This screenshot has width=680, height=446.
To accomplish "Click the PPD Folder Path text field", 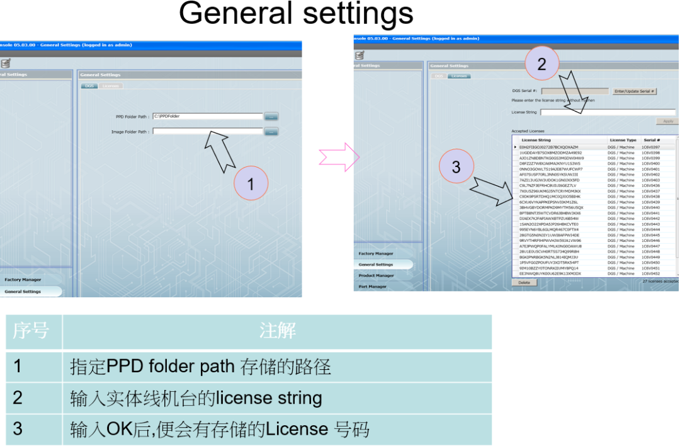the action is tap(207, 117).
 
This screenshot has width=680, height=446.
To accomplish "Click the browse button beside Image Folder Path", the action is tap(271, 132).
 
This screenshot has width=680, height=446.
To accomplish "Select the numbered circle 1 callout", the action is tap(251, 184).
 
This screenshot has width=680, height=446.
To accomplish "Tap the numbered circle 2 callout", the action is tap(541, 64).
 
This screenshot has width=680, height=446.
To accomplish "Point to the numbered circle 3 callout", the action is tap(456, 166).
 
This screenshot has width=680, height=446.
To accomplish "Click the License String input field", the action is tap(607, 112).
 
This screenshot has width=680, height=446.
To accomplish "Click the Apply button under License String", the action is tap(667, 121).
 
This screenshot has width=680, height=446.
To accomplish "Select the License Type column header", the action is tap(622, 140).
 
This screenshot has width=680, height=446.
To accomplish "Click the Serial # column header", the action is tap(651, 140).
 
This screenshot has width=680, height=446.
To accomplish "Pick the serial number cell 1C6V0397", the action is tap(651, 147).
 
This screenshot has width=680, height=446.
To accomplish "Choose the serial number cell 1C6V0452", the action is tap(651, 274).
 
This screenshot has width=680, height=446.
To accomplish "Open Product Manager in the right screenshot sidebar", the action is tap(377, 275).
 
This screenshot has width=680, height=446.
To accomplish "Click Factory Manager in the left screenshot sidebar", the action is tap(23, 280).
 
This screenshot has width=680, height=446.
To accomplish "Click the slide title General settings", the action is tap(295, 14).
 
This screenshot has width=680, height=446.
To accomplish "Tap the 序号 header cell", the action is tap(31, 331).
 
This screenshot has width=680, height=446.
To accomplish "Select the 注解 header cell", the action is tap(277, 331).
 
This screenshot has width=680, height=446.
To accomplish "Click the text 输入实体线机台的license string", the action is tap(196, 398).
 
